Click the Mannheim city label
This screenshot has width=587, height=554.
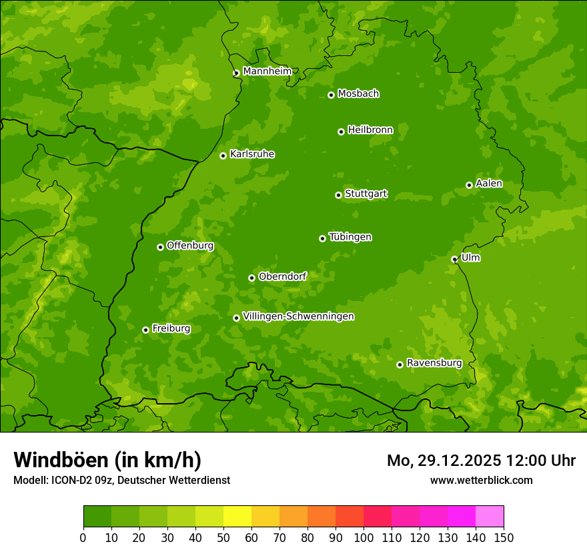pos(267,71)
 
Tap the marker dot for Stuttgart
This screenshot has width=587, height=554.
pos(338,195)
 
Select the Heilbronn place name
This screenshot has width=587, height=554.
pos(370,130)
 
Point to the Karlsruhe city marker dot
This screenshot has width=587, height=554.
pos(223,156)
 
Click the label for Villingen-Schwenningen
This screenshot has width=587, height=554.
pos(298,316)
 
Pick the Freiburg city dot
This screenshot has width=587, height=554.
pos(145,330)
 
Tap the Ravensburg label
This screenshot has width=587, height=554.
pos(434,363)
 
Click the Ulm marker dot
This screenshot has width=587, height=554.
pos(454,259)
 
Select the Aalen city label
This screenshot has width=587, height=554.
pos(489,184)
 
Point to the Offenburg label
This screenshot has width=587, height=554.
pos(190,246)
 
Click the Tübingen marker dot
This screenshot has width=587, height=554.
pos(322,238)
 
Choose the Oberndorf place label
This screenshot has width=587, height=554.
pos(282,276)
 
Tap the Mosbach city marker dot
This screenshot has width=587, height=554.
pos(331,95)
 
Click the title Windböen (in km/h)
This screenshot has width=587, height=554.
pos(107,460)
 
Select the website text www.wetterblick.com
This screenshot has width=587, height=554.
pos(481,480)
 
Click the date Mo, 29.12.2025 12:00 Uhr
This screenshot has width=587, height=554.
pos(481,461)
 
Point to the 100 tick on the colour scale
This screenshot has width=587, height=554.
pos(364,537)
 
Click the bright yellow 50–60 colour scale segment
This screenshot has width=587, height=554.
pos(237,517)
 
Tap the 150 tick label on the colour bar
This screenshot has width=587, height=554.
pos(504,537)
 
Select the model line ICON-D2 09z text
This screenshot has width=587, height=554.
pos(121,480)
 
